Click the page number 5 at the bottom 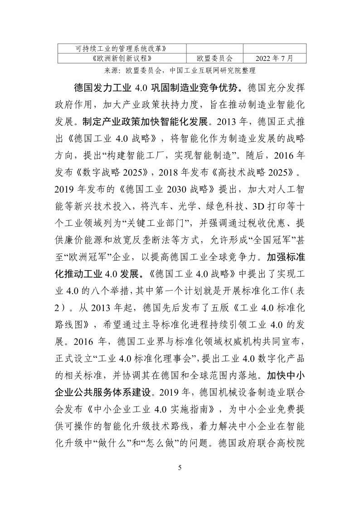(180, 468)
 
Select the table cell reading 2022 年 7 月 (274, 58)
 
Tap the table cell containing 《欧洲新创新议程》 (121, 58)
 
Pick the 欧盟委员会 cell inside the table (214, 58)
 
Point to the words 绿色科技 (214, 207)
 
